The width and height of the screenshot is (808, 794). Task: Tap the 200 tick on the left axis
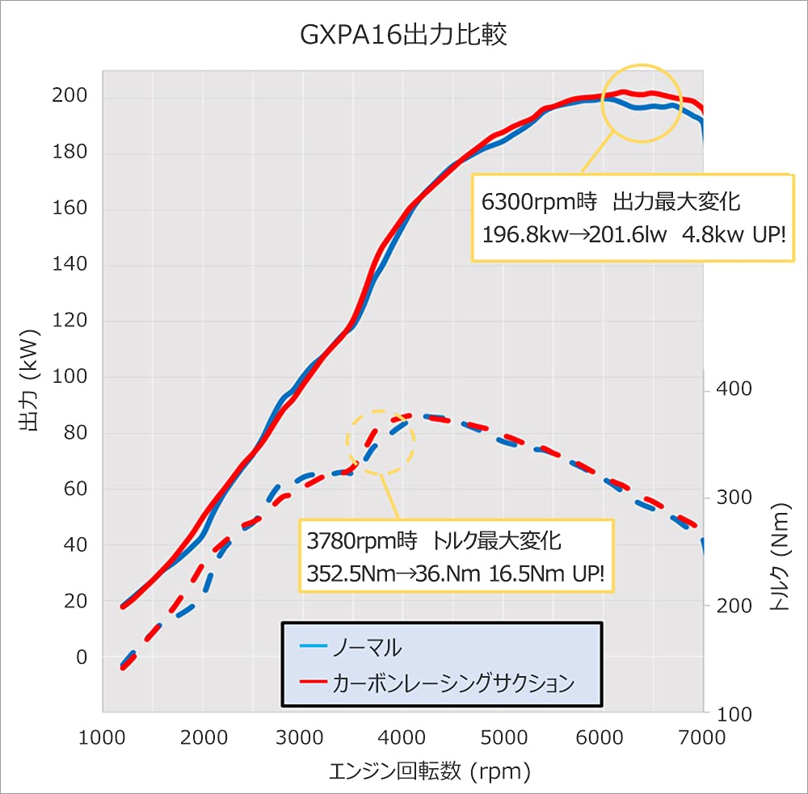tap(69, 98)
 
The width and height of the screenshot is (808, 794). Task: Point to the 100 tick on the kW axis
tap(69, 377)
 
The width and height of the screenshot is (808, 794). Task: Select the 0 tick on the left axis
tap(81, 657)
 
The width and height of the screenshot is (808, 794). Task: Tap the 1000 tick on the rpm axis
tap(103, 737)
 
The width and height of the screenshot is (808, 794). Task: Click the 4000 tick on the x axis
tap(402, 737)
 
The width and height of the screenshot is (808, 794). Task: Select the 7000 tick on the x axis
tap(702, 737)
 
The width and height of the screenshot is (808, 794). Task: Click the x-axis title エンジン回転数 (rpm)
tap(430, 772)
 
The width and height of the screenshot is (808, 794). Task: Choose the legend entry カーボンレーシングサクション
tap(453, 683)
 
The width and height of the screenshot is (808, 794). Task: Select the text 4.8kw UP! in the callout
tap(732, 235)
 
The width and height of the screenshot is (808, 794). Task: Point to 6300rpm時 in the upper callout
tap(539, 200)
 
